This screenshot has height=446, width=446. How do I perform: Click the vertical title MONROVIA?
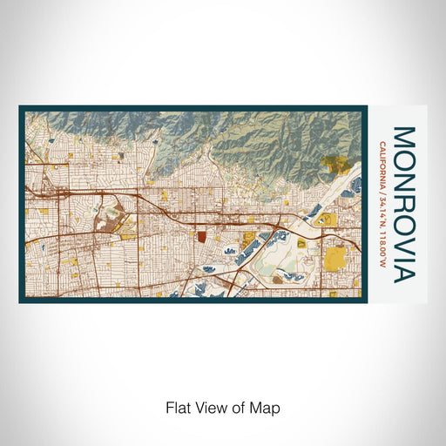pos(403,204)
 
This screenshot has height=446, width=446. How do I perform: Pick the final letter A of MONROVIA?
pos(403,274)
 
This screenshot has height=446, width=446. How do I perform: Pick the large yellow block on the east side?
pos(335,258)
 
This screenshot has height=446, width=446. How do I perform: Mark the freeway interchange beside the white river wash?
pos(275,228)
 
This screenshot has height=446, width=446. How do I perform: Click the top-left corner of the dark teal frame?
pos(21,107)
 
